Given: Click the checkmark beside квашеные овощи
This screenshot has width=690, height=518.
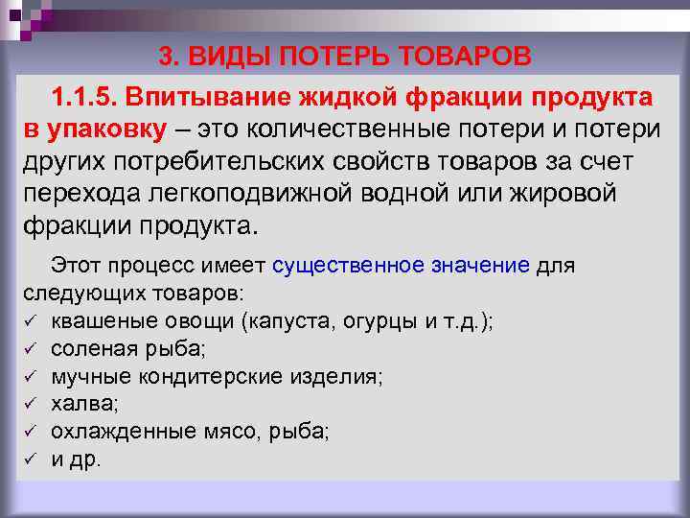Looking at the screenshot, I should point(30,322).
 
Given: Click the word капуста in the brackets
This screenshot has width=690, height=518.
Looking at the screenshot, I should point(287,321).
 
